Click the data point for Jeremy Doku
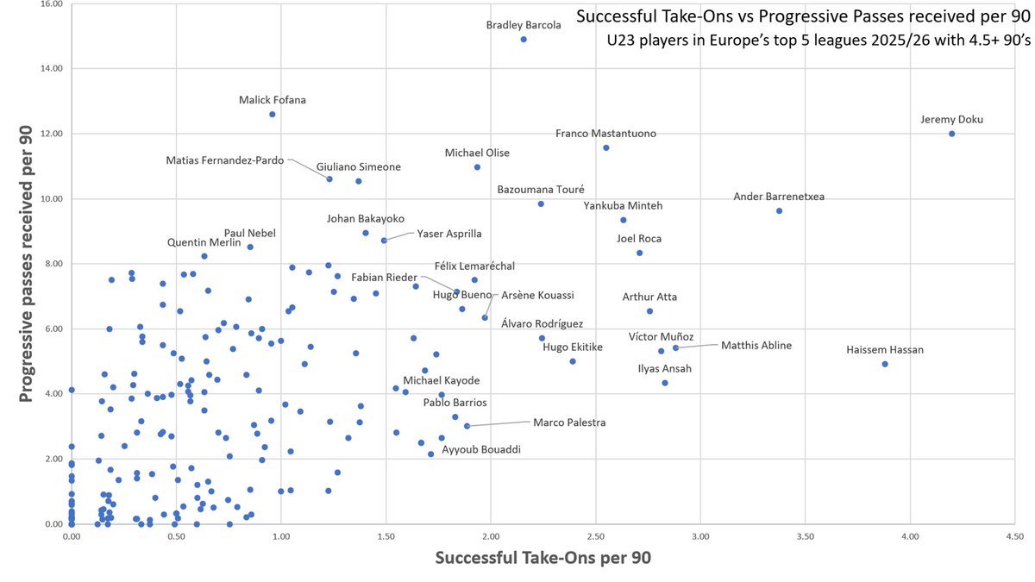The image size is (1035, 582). coord(951,134)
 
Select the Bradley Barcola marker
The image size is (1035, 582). coord(524,40)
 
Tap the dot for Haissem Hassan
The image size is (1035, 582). coord(885,364)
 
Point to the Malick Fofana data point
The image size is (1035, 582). coord(273,114)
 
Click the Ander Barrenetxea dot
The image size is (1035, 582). coord(779,211)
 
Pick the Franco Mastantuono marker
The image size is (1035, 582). coord(606,148)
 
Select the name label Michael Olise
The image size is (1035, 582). coord(477,153)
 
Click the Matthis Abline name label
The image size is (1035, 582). coord(756,346)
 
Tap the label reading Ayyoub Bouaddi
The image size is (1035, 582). coord(480,449)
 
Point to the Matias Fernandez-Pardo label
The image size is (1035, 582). coord(225,160)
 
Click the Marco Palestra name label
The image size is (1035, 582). coord(569,422)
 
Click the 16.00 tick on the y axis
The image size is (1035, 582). coord(51,4)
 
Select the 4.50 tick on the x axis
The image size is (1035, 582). coord(1014,535)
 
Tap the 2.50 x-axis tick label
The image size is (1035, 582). coord(595,535)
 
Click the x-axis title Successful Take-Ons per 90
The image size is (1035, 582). coord(543,558)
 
